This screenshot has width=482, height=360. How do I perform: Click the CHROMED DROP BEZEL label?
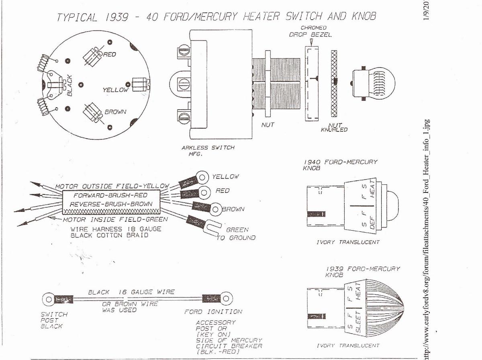coord(310,31)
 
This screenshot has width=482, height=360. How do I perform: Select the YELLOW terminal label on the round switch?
coord(115,90)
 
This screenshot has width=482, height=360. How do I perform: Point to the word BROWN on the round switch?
coord(115,112)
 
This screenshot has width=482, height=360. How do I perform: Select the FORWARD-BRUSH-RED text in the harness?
coord(110,195)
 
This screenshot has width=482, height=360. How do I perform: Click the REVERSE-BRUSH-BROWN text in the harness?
coord(111,204)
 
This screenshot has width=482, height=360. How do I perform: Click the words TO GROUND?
coord(236,237)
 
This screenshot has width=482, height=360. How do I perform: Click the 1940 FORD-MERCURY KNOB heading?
coord(340,165)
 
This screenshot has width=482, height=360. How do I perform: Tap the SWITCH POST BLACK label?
coord(54,320)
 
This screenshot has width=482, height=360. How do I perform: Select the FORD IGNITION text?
coord(213,311)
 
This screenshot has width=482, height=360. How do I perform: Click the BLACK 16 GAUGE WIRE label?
coord(131,292)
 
